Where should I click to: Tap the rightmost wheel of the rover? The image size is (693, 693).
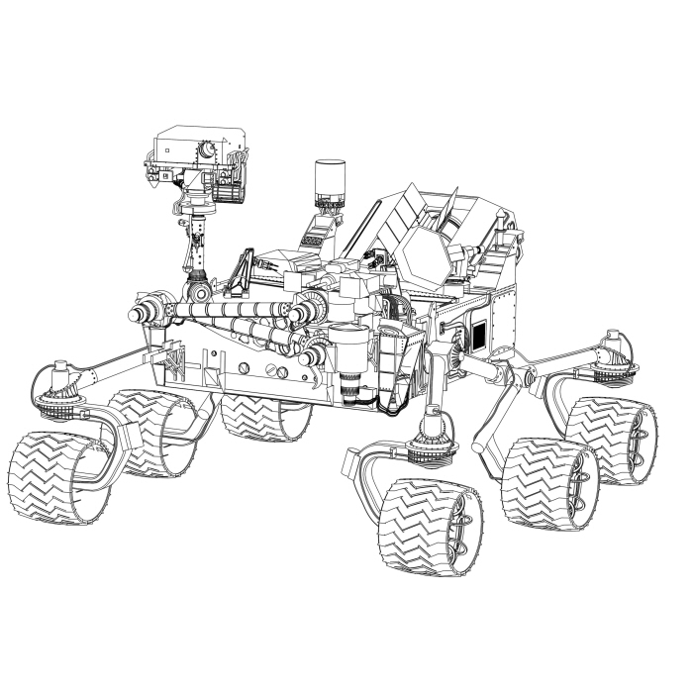[x=610, y=438]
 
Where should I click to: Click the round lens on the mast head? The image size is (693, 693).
[x=207, y=149]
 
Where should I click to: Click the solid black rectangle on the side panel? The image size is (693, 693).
[x=478, y=335]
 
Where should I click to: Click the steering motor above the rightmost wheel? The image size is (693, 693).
[x=612, y=352]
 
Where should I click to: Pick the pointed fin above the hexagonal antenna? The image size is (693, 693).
[x=447, y=210]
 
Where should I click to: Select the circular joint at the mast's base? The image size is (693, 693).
[x=199, y=294]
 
